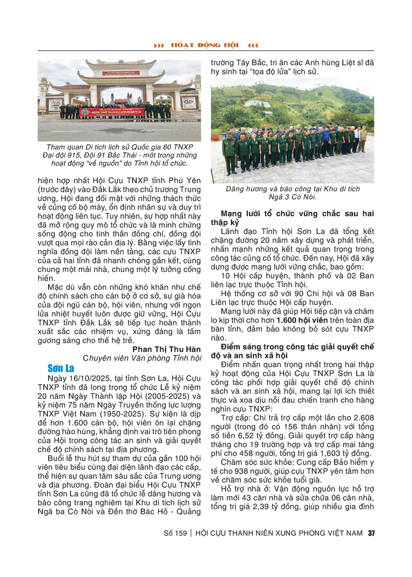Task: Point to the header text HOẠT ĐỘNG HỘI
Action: (205, 46)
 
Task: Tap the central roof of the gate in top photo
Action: (119, 66)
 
